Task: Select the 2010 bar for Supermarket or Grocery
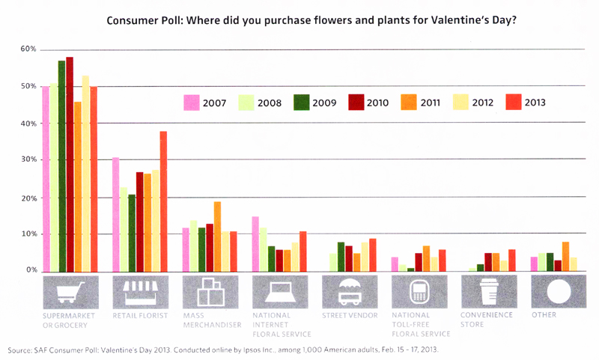click(70, 164)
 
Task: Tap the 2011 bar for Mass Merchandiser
click(217, 236)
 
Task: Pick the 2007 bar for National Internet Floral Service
click(255, 243)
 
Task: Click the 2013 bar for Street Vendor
click(373, 254)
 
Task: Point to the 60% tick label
click(28, 49)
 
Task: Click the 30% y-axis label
click(28, 160)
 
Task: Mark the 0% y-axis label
click(31, 270)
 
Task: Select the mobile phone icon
click(419, 292)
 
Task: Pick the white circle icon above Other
click(558, 292)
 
